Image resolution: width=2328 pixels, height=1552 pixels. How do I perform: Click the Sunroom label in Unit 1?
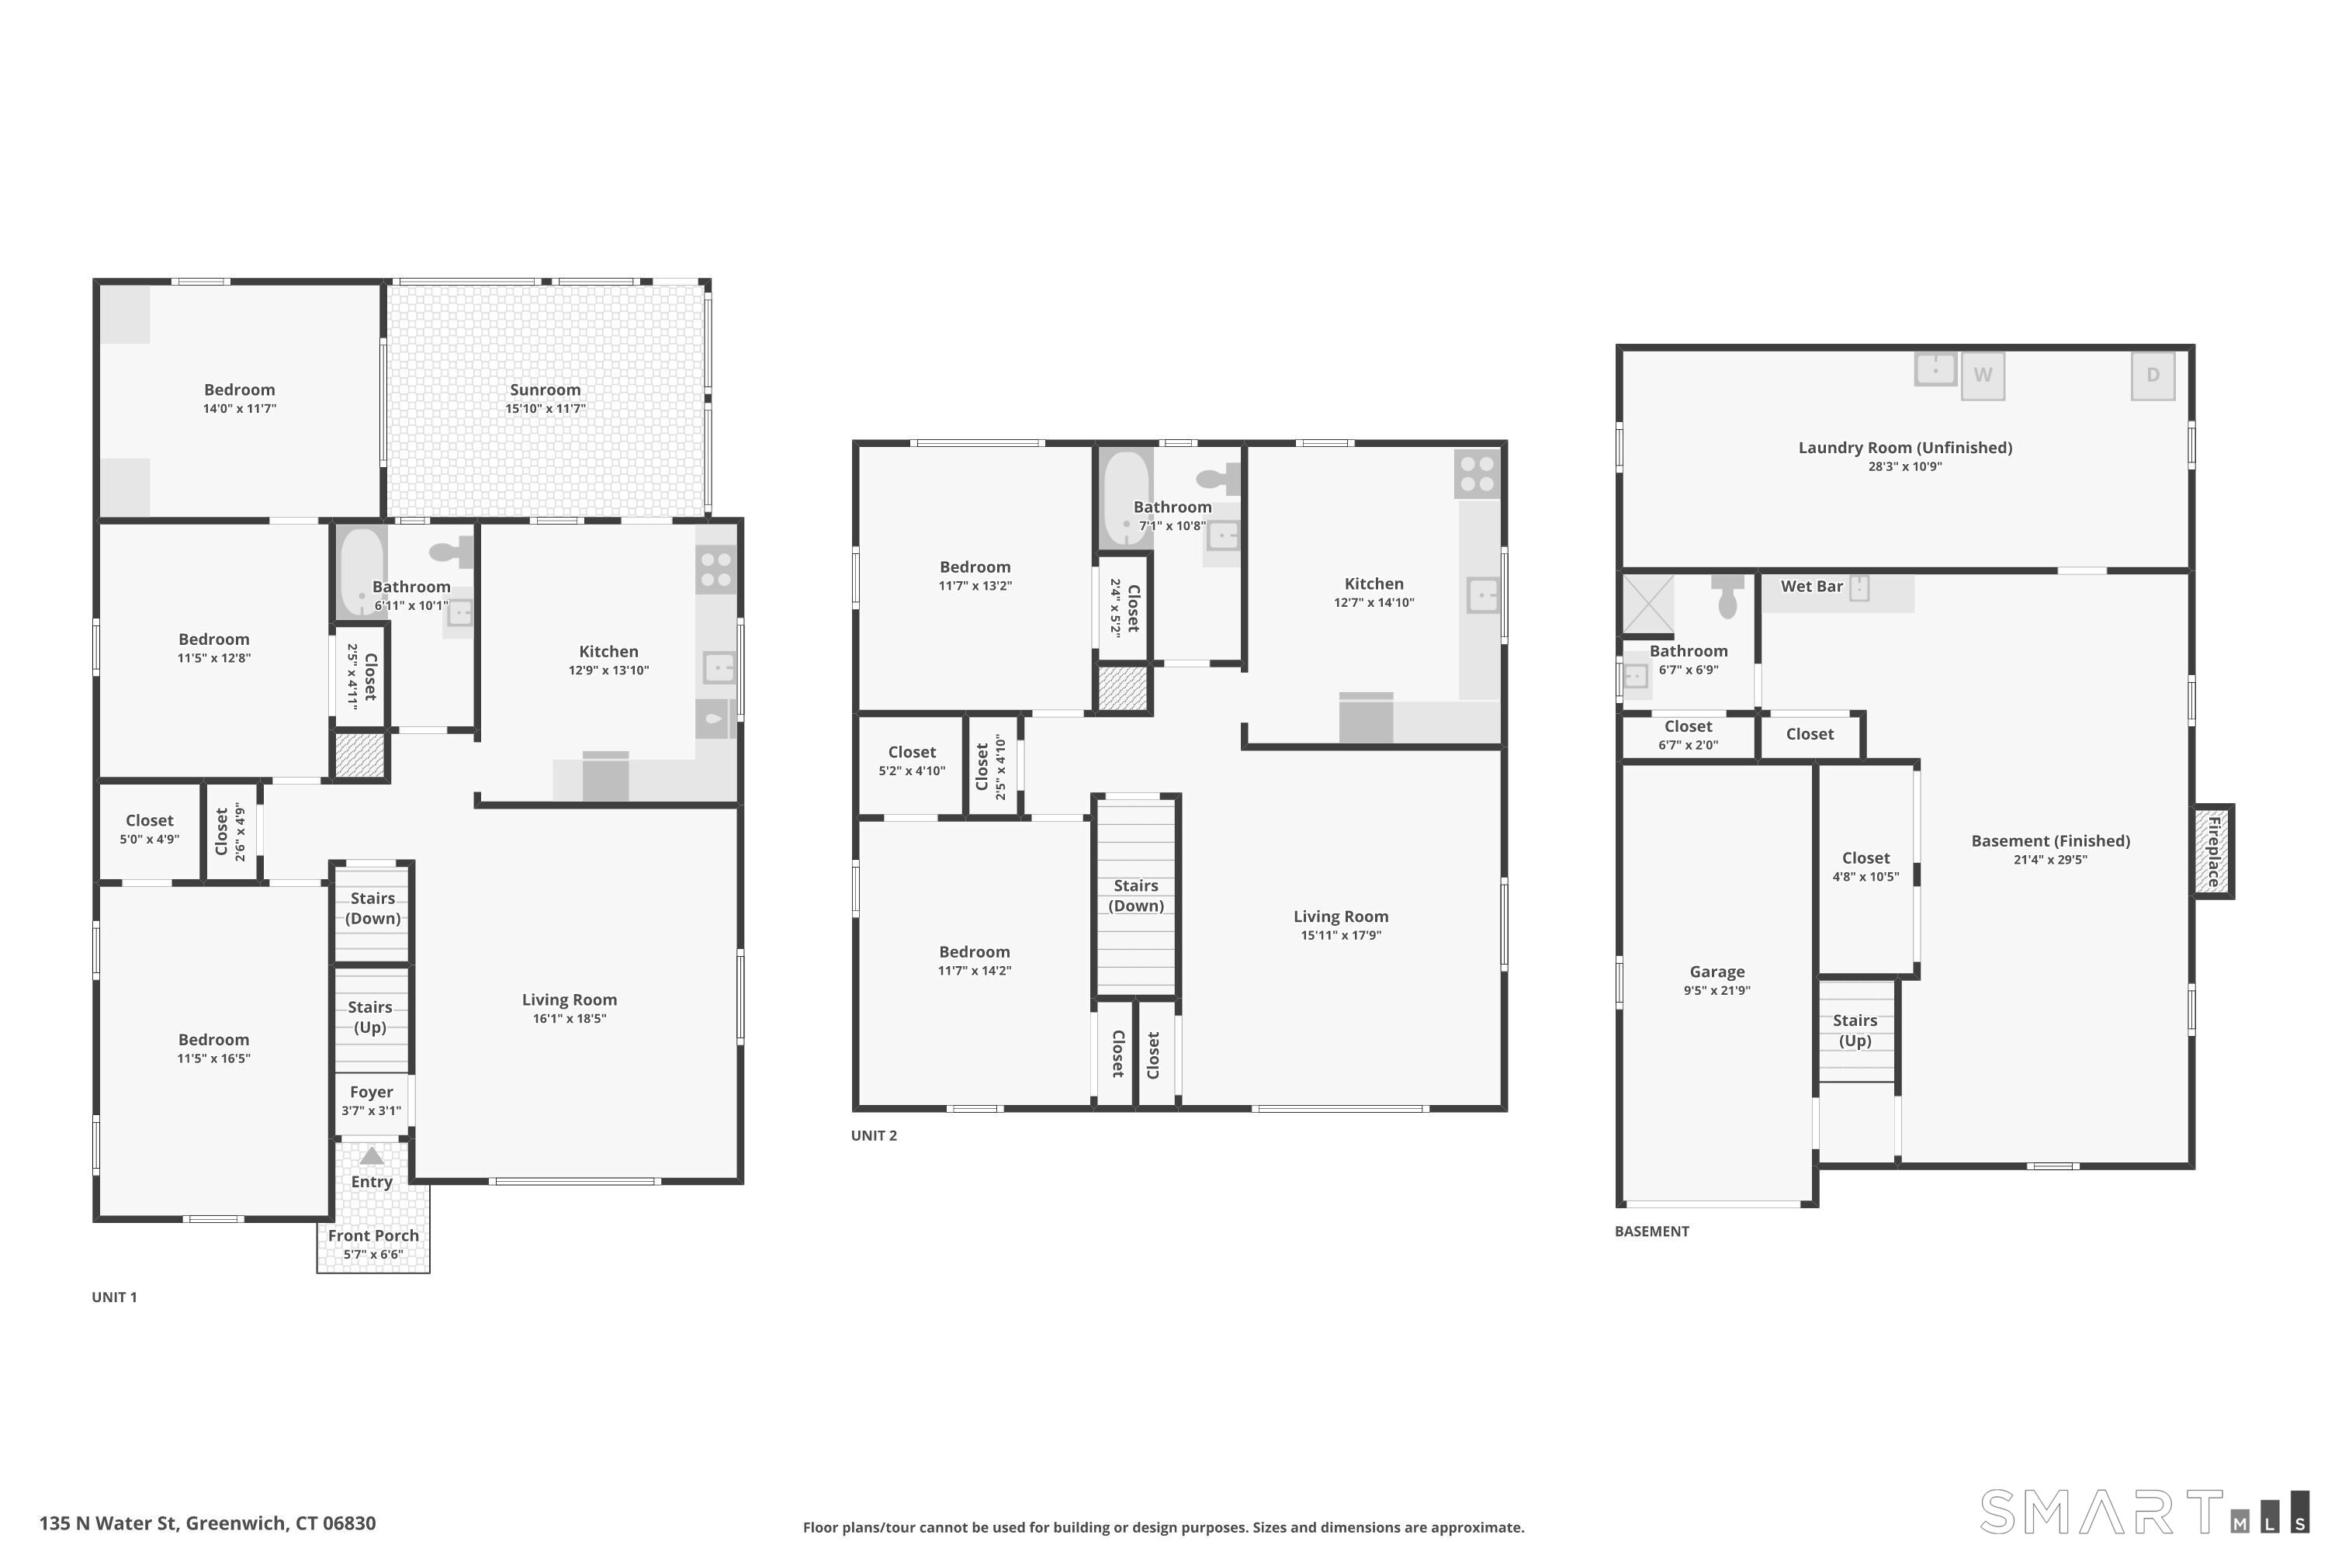tap(545, 390)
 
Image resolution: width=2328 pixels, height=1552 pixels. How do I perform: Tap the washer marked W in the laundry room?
tap(1983, 376)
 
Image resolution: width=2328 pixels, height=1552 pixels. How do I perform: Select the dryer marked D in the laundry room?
tap(2153, 376)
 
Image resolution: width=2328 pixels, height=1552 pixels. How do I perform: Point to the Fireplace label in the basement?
tap(2213, 851)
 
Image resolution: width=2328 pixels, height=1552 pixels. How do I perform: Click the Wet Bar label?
tap(1811, 586)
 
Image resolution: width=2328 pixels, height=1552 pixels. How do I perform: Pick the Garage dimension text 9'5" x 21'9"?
tap(1717, 991)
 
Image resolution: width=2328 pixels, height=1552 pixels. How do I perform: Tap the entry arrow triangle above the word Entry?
tap(371, 1156)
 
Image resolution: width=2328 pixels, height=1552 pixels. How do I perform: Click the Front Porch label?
tap(373, 1235)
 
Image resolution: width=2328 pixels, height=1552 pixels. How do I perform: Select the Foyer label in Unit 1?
tap(371, 1092)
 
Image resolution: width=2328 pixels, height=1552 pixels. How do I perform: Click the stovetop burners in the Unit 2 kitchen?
tap(1477, 474)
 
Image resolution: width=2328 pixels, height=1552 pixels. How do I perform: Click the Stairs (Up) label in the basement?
tap(1855, 1031)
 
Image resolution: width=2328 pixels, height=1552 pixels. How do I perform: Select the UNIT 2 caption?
tap(874, 1135)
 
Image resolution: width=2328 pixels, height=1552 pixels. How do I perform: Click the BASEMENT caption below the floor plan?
tap(1652, 1232)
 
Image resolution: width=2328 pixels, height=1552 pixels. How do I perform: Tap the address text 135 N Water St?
tap(109, 1523)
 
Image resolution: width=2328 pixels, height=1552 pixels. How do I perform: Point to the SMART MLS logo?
tap(2144, 1512)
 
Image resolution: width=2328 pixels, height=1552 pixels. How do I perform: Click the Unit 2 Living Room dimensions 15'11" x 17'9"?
tap(1340, 935)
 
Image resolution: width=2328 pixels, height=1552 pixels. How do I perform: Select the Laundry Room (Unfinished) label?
tap(1905, 448)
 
